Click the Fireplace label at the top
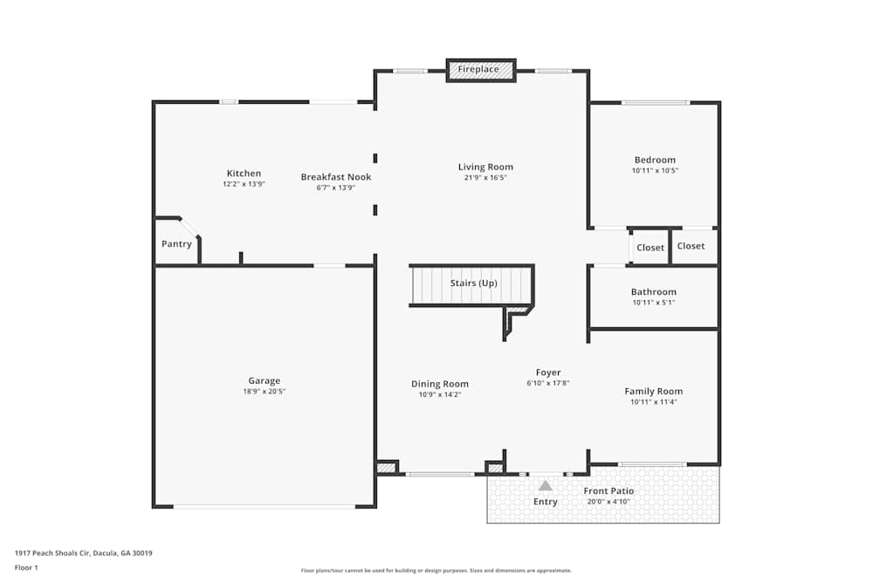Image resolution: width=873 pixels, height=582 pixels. click(x=478, y=69)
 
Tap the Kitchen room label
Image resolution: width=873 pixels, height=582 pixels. click(x=244, y=174)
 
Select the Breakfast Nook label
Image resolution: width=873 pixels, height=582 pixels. click(x=336, y=177)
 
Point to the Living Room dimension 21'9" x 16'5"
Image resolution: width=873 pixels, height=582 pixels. click(x=485, y=178)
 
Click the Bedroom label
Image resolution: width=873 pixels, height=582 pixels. click(x=655, y=160)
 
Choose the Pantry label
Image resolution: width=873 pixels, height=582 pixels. click(x=176, y=244)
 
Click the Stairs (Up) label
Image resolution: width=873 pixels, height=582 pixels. click(x=473, y=284)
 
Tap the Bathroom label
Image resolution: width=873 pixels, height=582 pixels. click(x=654, y=292)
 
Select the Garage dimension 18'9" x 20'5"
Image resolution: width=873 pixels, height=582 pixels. click(x=264, y=392)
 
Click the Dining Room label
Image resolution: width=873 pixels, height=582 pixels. click(x=440, y=384)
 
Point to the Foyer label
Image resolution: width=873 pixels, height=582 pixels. click(x=548, y=373)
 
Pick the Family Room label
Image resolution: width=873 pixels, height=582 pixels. click(x=654, y=392)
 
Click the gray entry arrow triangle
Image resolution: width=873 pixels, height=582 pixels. click(x=546, y=486)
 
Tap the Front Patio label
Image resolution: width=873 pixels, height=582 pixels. click(x=608, y=491)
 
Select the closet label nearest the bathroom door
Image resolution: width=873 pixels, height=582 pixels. click(x=650, y=248)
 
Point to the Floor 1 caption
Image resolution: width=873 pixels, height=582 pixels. click(x=27, y=567)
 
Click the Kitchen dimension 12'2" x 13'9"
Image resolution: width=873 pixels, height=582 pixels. click(x=244, y=184)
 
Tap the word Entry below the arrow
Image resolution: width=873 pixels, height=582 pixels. click(x=546, y=502)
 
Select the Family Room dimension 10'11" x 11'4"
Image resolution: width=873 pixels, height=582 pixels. click(x=654, y=402)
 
